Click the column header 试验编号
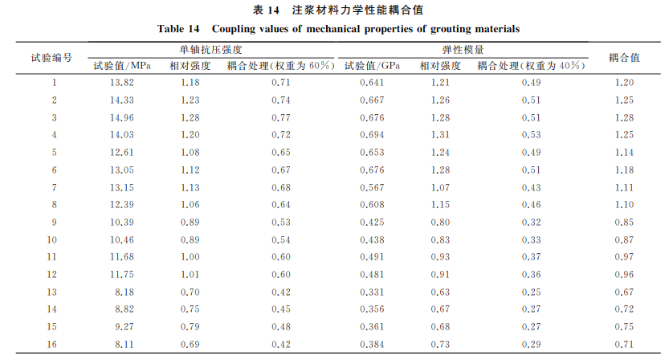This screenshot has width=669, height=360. (x=52, y=57)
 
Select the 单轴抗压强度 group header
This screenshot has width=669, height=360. (x=210, y=50)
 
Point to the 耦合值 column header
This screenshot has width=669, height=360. (x=624, y=57)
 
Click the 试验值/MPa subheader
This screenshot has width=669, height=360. (x=122, y=65)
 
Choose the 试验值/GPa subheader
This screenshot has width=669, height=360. (x=373, y=65)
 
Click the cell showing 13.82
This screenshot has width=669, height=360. (x=121, y=83)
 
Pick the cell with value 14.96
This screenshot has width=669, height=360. (x=121, y=117)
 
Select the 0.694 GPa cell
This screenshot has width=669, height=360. (x=372, y=135)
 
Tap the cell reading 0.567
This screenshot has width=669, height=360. (x=372, y=187)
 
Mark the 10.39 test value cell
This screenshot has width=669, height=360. (x=121, y=222)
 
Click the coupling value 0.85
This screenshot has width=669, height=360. (x=624, y=222)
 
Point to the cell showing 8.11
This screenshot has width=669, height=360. (x=121, y=344)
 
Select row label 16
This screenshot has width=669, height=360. (x=54, y=344)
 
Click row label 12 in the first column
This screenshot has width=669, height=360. (x=54, y=274)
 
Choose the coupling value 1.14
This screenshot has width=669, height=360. (x=624, y=153)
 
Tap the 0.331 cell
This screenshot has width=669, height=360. (x=372, y=292)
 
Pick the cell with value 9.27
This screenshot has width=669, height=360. (x=121, y=326)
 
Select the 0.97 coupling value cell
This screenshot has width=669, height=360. (x=624, y=257)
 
